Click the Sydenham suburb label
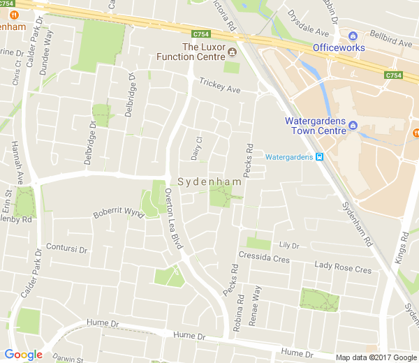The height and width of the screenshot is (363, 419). click(209, 181)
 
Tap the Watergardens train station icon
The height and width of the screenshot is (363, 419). click(320, 157)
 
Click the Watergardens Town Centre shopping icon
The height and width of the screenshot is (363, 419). click(353, 126)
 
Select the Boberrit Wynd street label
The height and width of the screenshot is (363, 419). click(118, 211)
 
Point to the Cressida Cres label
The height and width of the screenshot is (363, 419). click(264, 258)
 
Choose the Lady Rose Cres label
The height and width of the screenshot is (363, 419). click(343, 269)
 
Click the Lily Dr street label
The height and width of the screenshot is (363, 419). click(288, 245)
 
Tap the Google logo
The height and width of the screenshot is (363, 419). click(22, 355)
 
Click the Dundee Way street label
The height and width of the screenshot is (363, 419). click(48, 50)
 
